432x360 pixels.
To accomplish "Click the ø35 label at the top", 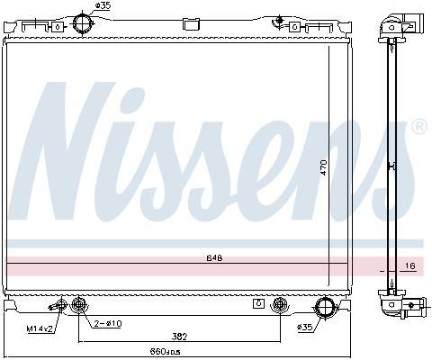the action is [x=103, y=5].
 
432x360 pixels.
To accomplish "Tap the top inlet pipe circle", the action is [x=84, y=24].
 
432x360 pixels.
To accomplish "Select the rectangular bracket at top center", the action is [x=191, y=24].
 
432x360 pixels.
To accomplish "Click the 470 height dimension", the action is [x=323, y=167].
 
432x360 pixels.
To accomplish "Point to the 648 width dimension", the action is [x=214, y=258].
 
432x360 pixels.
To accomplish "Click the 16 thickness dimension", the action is [x=409, y=265].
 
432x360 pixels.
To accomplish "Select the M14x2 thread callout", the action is [x=40, y=329].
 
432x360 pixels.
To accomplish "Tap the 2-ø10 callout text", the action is [x=108, y=324].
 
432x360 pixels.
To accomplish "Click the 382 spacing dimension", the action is [x=179, y=337].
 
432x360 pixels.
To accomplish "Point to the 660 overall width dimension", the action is [x=165, y=351].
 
